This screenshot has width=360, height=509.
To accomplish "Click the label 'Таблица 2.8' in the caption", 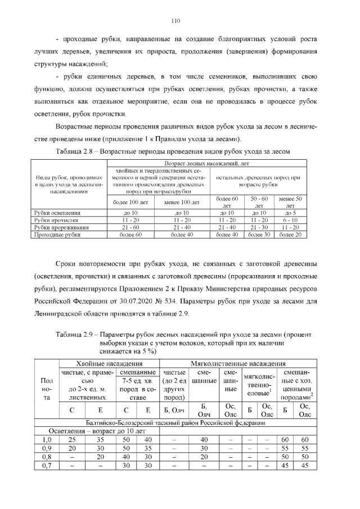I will (76, 152).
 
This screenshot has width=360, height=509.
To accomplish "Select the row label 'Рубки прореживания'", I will (58, 227).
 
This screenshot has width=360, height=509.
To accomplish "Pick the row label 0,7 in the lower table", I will (48, 466).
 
